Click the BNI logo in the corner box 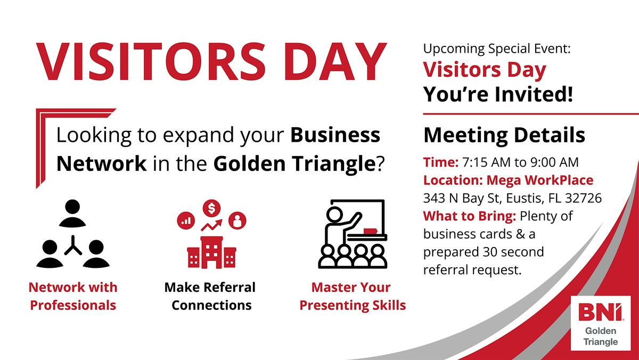point(601,312)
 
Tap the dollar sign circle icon point(212,208)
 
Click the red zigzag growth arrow point(212,225)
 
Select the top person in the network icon point(72,213)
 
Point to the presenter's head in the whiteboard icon point(334,214)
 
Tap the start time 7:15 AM point(486,162)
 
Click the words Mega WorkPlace point(540,181)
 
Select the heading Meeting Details point(504,135)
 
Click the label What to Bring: point(470,216)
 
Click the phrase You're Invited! point(498,94)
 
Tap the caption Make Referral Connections point(210,296)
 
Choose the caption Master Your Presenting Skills point(353,296)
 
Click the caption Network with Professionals point(73,296)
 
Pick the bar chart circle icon point(186,220)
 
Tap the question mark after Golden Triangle point(381,163)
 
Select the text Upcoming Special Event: point(497,49)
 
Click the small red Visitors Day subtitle point(485,70)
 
